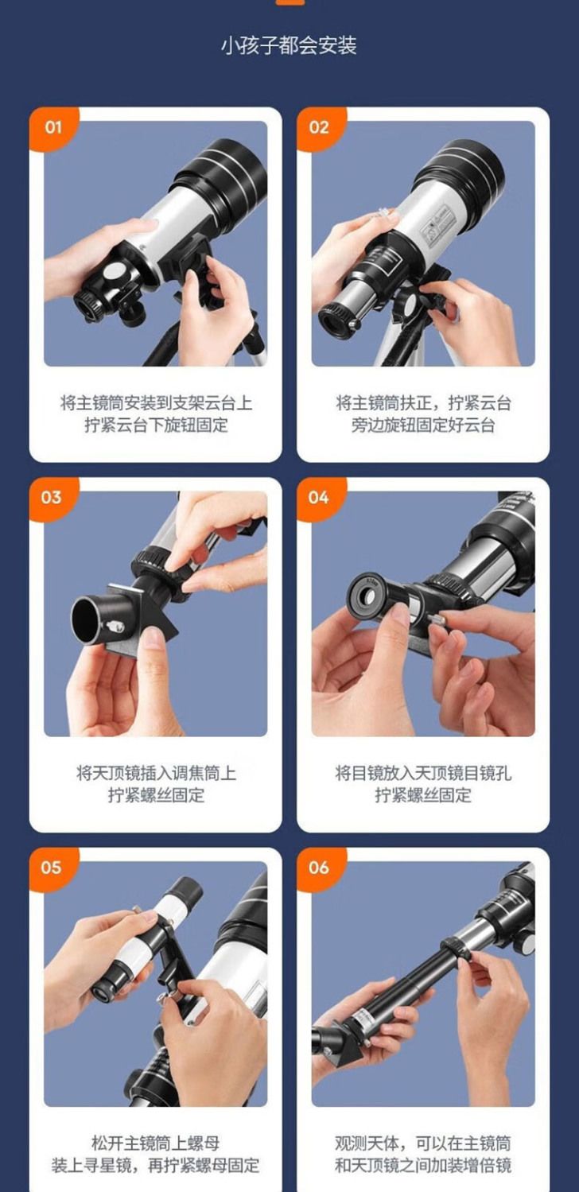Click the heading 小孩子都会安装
coord(289,46)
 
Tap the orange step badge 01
coord(52,128)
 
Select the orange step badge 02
coord(319,128)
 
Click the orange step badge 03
coord(52,498)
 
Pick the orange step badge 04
coord(319,498)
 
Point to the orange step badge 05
coord(52,868)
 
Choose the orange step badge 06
coord(319,868)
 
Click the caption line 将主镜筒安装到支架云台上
coord(156,403)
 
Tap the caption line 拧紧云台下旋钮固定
coord(156,425)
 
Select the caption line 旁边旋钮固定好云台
coord(423,425)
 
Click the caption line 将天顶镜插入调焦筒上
coord(156,773)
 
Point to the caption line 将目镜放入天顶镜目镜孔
coord(423,773)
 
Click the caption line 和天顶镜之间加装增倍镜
coord(423,1166)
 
